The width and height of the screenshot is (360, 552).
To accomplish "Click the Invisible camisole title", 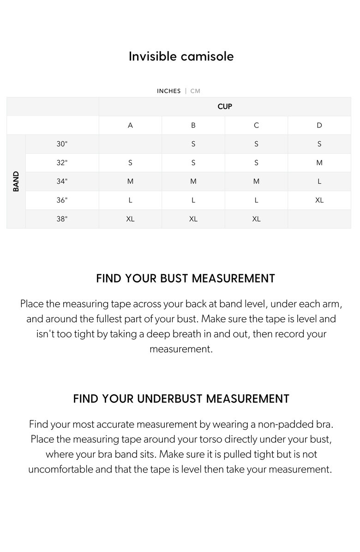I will (181, 56).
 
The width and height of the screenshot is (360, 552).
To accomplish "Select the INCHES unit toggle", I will (168, 91).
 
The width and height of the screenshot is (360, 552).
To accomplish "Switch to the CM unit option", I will (195, 91).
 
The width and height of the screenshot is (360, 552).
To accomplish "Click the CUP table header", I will (225, 107).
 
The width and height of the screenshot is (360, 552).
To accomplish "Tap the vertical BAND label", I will (16, 181).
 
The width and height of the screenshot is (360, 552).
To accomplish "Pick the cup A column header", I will (130, 125).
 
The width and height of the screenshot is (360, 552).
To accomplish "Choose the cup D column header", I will (319, 125).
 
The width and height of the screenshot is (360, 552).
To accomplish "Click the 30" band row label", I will (62, 144).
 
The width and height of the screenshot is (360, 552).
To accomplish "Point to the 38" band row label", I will (62, 219).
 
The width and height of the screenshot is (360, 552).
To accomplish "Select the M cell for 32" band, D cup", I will (319, 162).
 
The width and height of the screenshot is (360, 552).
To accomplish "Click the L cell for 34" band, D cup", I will (319, 181).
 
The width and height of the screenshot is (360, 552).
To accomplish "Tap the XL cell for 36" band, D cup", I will (319, 200).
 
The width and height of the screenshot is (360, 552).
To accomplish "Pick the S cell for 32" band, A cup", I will (130, 162).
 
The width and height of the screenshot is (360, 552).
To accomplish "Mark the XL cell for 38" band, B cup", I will (193, 219).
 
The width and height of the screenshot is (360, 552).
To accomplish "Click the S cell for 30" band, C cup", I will (256, 144).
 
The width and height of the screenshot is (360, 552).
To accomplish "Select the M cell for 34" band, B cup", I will (193, 181).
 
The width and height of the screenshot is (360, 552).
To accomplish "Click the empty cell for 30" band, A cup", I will (130, 144).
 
